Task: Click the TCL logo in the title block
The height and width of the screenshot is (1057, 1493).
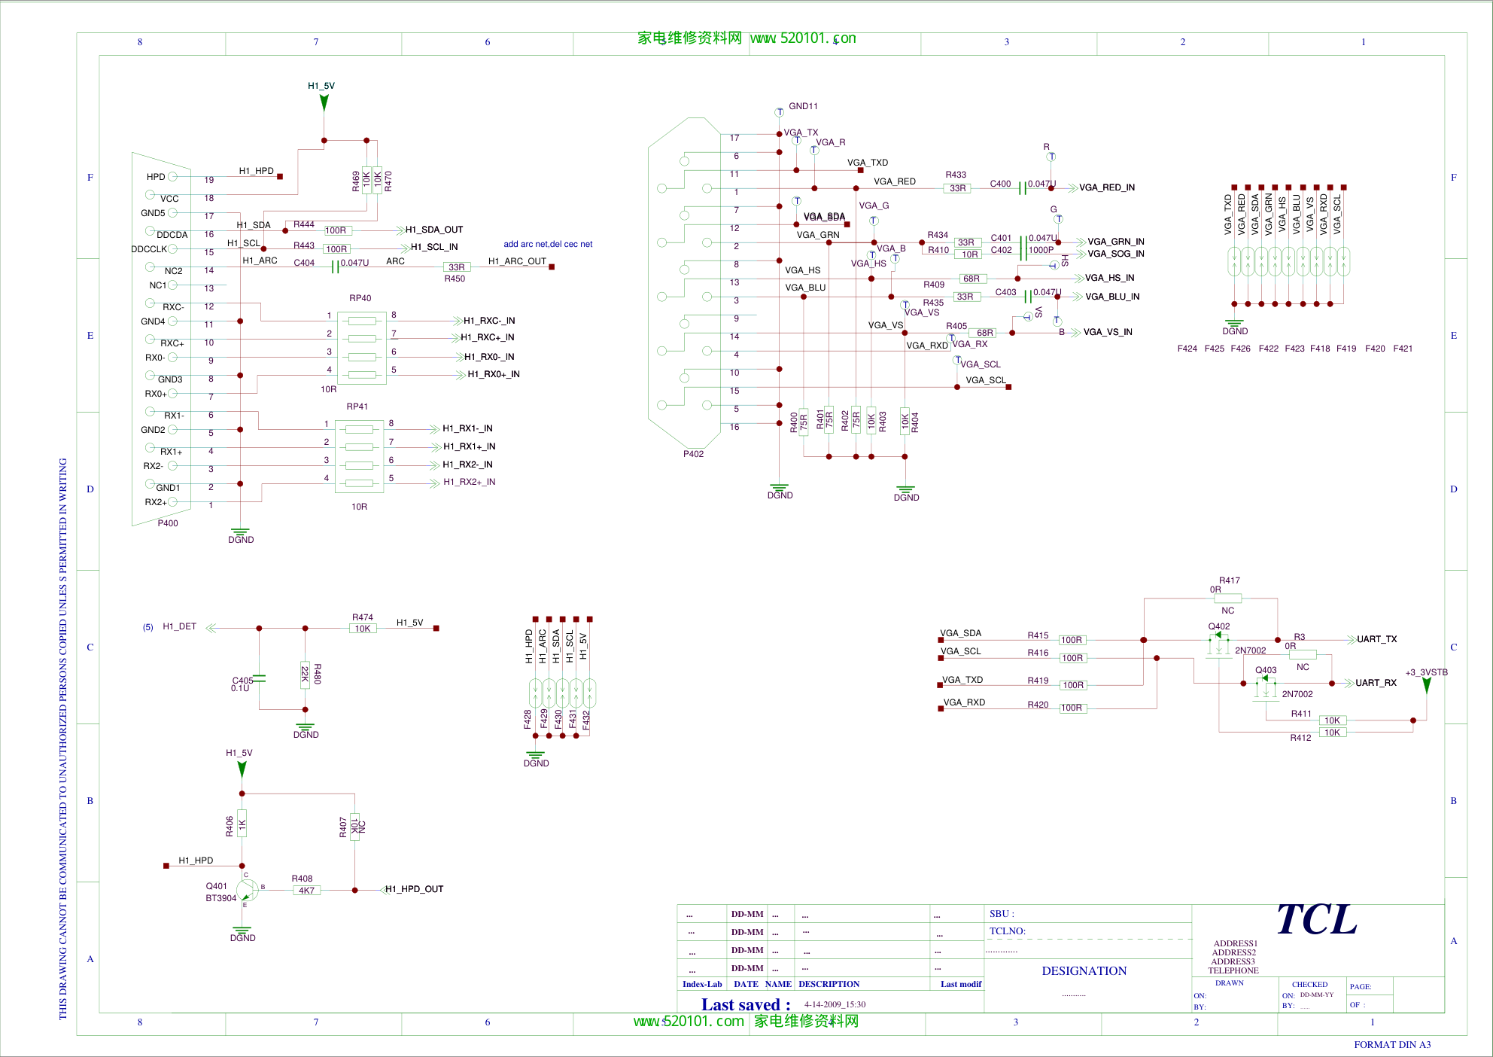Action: tap(1317, 920)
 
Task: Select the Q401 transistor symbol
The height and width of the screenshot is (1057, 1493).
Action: tap(247, 891)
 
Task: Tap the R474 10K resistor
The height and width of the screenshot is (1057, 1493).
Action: tap(363, 629)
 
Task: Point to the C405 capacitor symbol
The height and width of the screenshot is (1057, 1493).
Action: tap(260, 679)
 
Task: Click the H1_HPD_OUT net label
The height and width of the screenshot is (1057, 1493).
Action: tap(415, 889)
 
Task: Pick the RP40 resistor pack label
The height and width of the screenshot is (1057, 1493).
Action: tap(360, 298)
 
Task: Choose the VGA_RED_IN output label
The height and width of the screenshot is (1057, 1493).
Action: tap(1107, 187)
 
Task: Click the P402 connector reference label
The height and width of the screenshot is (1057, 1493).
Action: tap(693, 454)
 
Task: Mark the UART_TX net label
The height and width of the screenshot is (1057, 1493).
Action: tap(1376, 639)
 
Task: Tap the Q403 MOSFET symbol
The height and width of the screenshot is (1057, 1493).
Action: tap(1265, 685)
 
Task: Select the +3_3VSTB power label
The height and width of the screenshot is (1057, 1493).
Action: tap(1426, 672)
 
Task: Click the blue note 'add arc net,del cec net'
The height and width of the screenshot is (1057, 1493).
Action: tap(548, 244)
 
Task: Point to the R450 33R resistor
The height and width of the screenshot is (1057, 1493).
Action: tap(456, 267)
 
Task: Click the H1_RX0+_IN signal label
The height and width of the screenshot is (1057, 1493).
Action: tap(494, 374)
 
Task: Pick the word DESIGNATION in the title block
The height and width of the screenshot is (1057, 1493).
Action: tap(1084, 971)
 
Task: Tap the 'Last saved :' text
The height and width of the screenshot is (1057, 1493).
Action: tap(746, 1005)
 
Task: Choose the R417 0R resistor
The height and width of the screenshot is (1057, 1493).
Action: tap(1227, 599)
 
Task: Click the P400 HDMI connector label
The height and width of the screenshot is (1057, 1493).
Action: tap(168, 523)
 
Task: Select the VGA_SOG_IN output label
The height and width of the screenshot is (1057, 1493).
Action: tap(1115, 254)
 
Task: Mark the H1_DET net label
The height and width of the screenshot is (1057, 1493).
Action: tap(179, 626)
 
